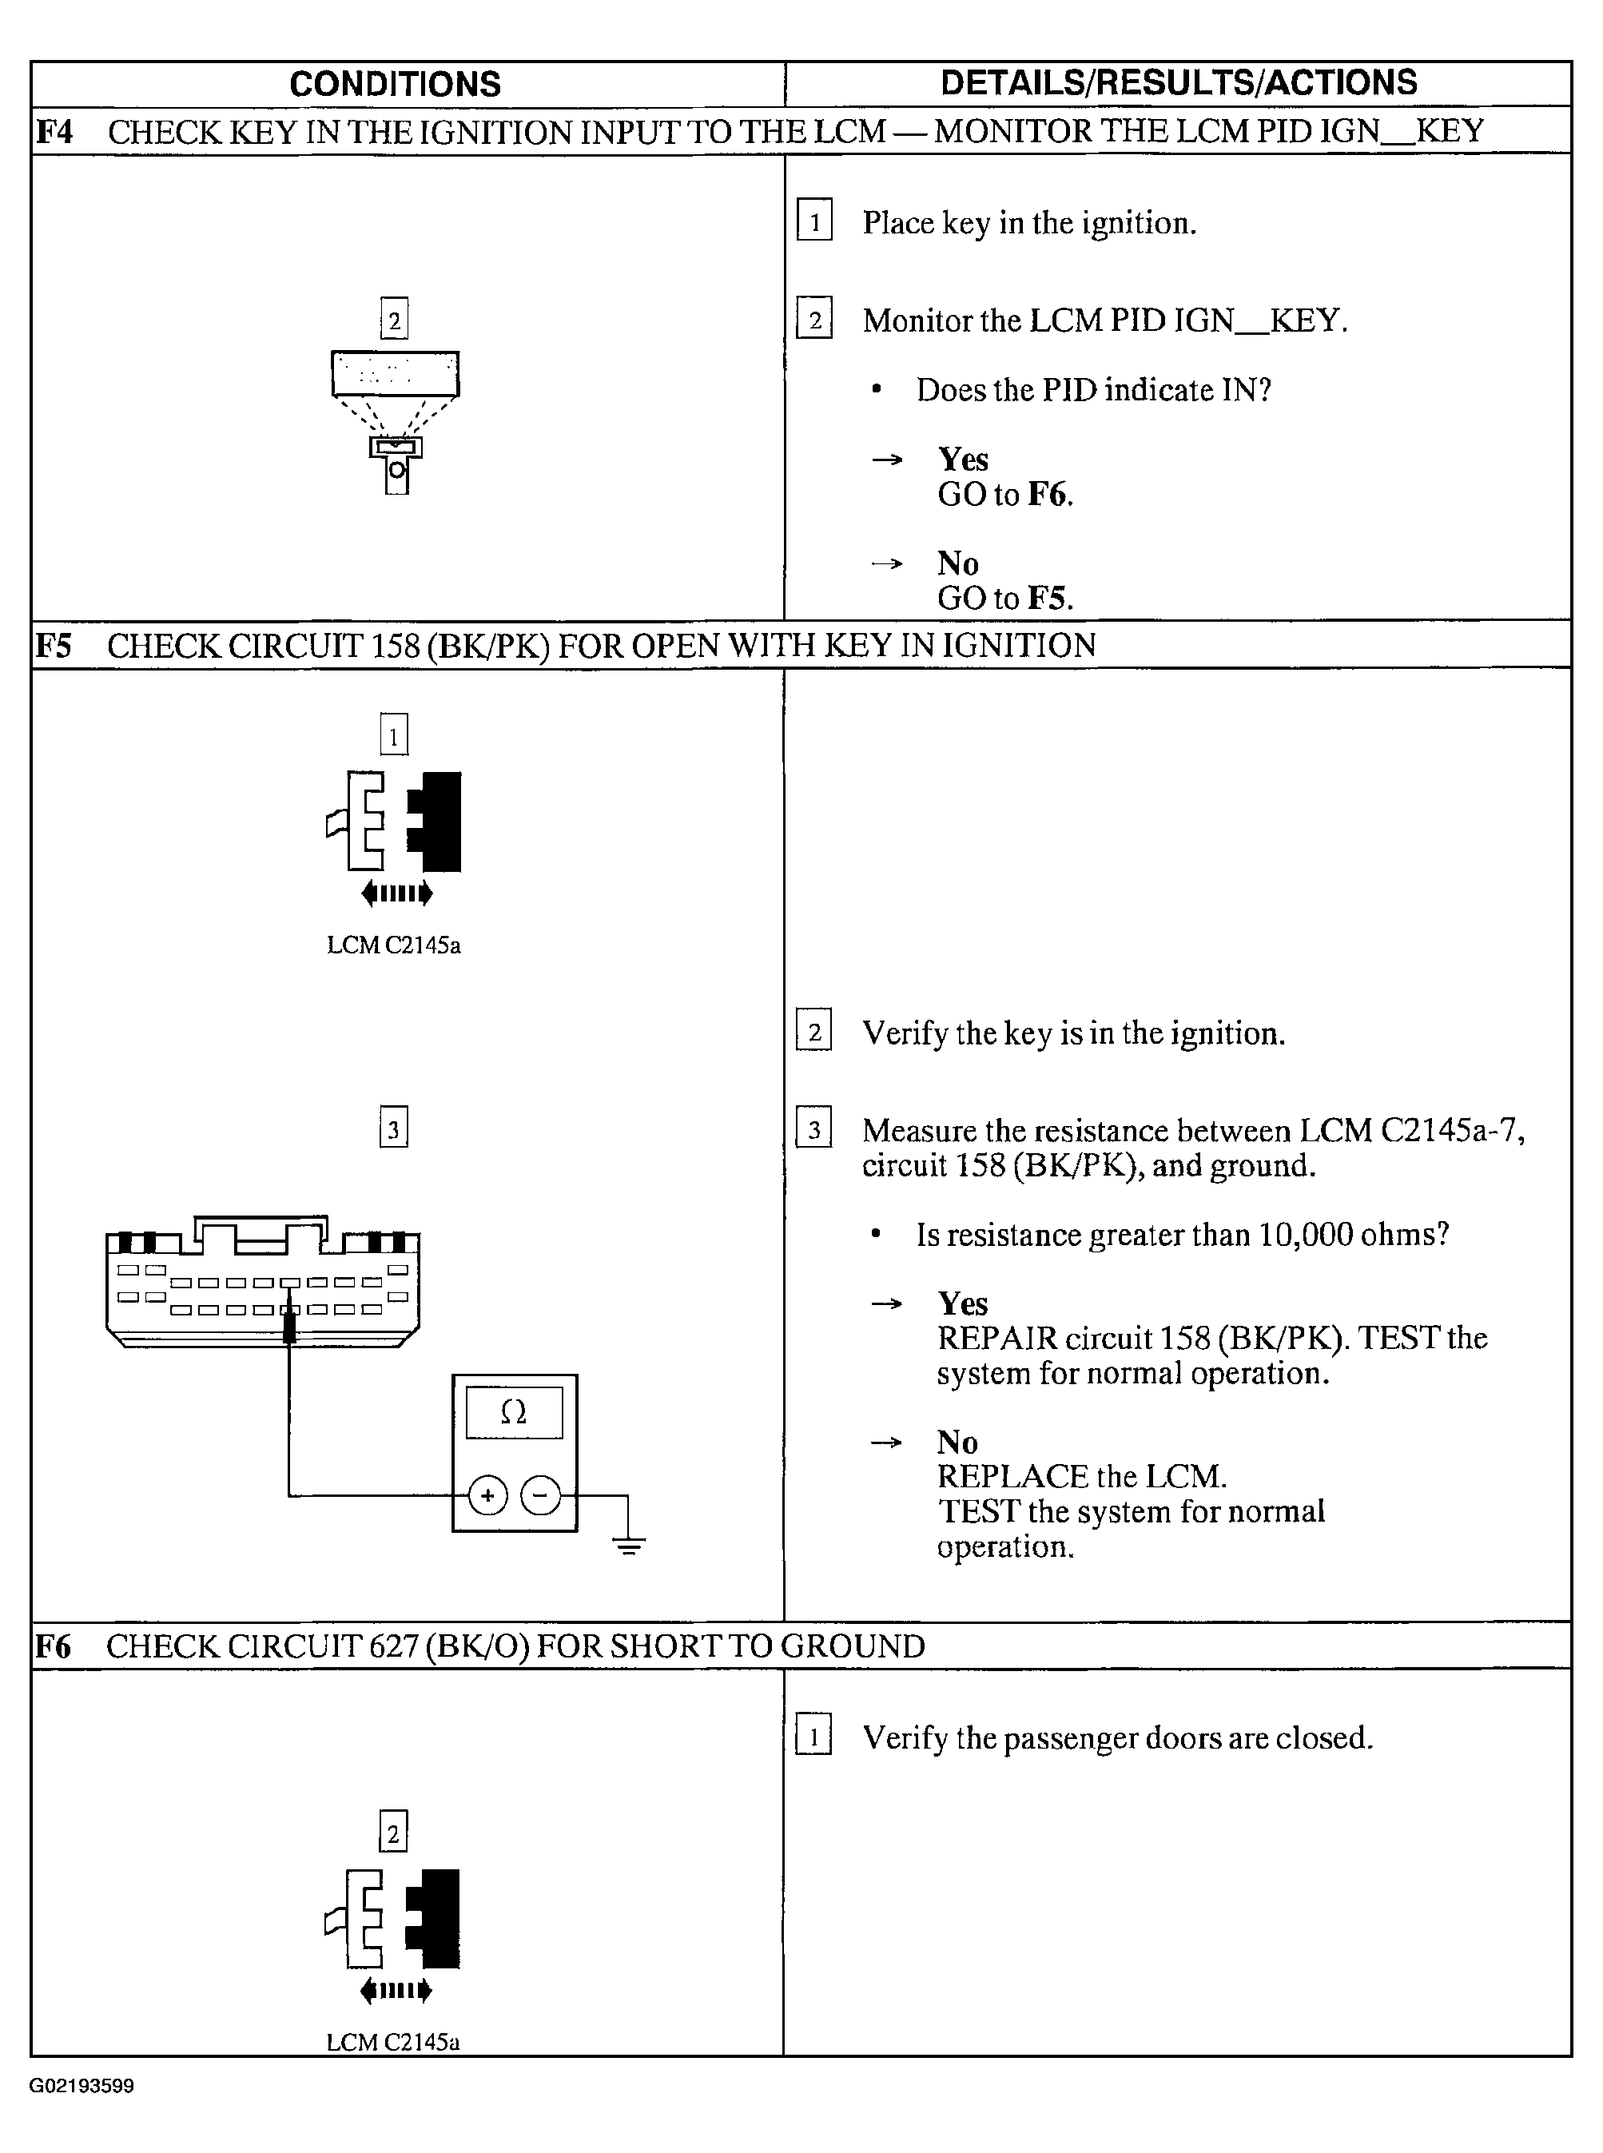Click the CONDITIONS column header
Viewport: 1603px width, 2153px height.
pos(395,85)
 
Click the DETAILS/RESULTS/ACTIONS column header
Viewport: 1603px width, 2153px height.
pos(1178,83)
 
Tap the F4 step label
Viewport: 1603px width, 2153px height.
pos(54,132)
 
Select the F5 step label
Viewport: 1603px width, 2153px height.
pos(54,645)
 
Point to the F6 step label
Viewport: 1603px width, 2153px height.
pos(54,1646)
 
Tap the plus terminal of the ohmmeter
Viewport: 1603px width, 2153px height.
pos(487,1495)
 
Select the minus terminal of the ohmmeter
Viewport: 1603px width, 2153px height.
pos(540,1495)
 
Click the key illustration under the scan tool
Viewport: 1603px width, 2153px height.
pos(396,466)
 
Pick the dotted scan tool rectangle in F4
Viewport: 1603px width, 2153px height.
pos(395,373)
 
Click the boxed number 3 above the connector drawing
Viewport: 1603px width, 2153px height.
pos(393,1128)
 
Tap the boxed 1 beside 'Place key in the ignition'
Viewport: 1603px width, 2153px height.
pos(814,222)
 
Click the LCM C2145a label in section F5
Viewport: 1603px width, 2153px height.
pos(393,945)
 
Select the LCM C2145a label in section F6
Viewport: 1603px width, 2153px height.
pos(393,2043)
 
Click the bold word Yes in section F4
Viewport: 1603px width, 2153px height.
pos(963,459)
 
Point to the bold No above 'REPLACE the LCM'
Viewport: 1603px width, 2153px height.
pos(957,1442)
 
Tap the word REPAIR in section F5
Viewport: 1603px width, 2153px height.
pos(996,1338)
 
